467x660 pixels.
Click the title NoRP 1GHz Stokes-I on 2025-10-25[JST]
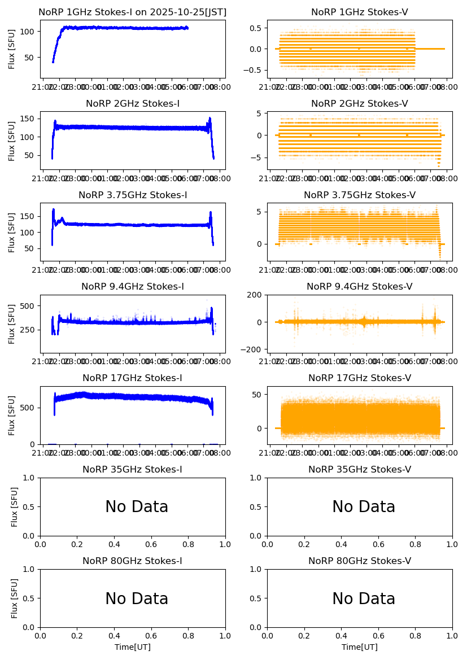(132, 12)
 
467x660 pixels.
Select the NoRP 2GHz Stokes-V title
(360, 104)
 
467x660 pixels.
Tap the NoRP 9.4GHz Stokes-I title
(132, 287)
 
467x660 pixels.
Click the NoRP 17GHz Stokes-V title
(360, 378)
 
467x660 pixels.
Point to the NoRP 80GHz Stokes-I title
(132, 561)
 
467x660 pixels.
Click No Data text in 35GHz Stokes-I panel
(137, 507)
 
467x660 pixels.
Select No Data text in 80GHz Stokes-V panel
(364, 599)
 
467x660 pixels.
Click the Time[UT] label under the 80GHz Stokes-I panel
(132, 647)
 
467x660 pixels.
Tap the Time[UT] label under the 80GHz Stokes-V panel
(360, 647)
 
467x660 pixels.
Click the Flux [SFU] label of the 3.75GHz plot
(12, 232)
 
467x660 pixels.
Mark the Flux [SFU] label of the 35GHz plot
(15, 506)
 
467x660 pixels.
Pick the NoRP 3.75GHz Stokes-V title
(360, 195)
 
